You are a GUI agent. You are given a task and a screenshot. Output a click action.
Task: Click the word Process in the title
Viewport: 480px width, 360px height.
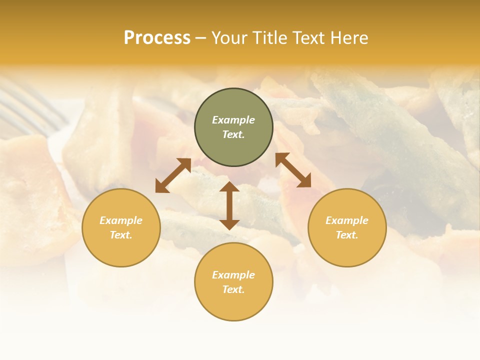[x=157, y=38]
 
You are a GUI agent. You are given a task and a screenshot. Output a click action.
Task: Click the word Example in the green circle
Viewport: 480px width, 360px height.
[x=233, y=120]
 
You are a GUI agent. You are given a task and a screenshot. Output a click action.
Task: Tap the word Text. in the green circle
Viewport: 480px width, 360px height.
[x=233, y=134]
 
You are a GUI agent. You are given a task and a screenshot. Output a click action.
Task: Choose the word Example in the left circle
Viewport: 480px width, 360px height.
[x=121, y=220]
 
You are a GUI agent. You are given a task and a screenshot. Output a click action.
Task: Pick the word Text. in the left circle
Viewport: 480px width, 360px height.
[x=121, y=235]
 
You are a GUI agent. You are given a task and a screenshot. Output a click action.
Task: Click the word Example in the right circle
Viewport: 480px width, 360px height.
[x=347, y=220]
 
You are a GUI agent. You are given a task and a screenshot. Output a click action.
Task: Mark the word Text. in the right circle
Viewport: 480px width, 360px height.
[x=347, y=235]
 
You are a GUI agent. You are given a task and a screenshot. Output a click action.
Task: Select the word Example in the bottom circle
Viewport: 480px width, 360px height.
[x=233, y=275]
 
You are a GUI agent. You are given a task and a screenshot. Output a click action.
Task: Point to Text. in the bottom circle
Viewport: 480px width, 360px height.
[x=233, y=289]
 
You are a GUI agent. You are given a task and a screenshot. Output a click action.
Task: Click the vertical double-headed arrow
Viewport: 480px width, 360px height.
[x=229, y=205]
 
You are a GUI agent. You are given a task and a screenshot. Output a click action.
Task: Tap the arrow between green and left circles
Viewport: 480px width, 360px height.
[x=173, y=175]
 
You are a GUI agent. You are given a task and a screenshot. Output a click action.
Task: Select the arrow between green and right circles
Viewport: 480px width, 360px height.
[x=293, y=170]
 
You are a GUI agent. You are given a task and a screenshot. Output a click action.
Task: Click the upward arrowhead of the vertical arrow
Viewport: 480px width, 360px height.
[x=229, y=187]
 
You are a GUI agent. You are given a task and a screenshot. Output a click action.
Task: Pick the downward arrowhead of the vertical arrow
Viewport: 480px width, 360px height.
[x=229, y=224]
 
